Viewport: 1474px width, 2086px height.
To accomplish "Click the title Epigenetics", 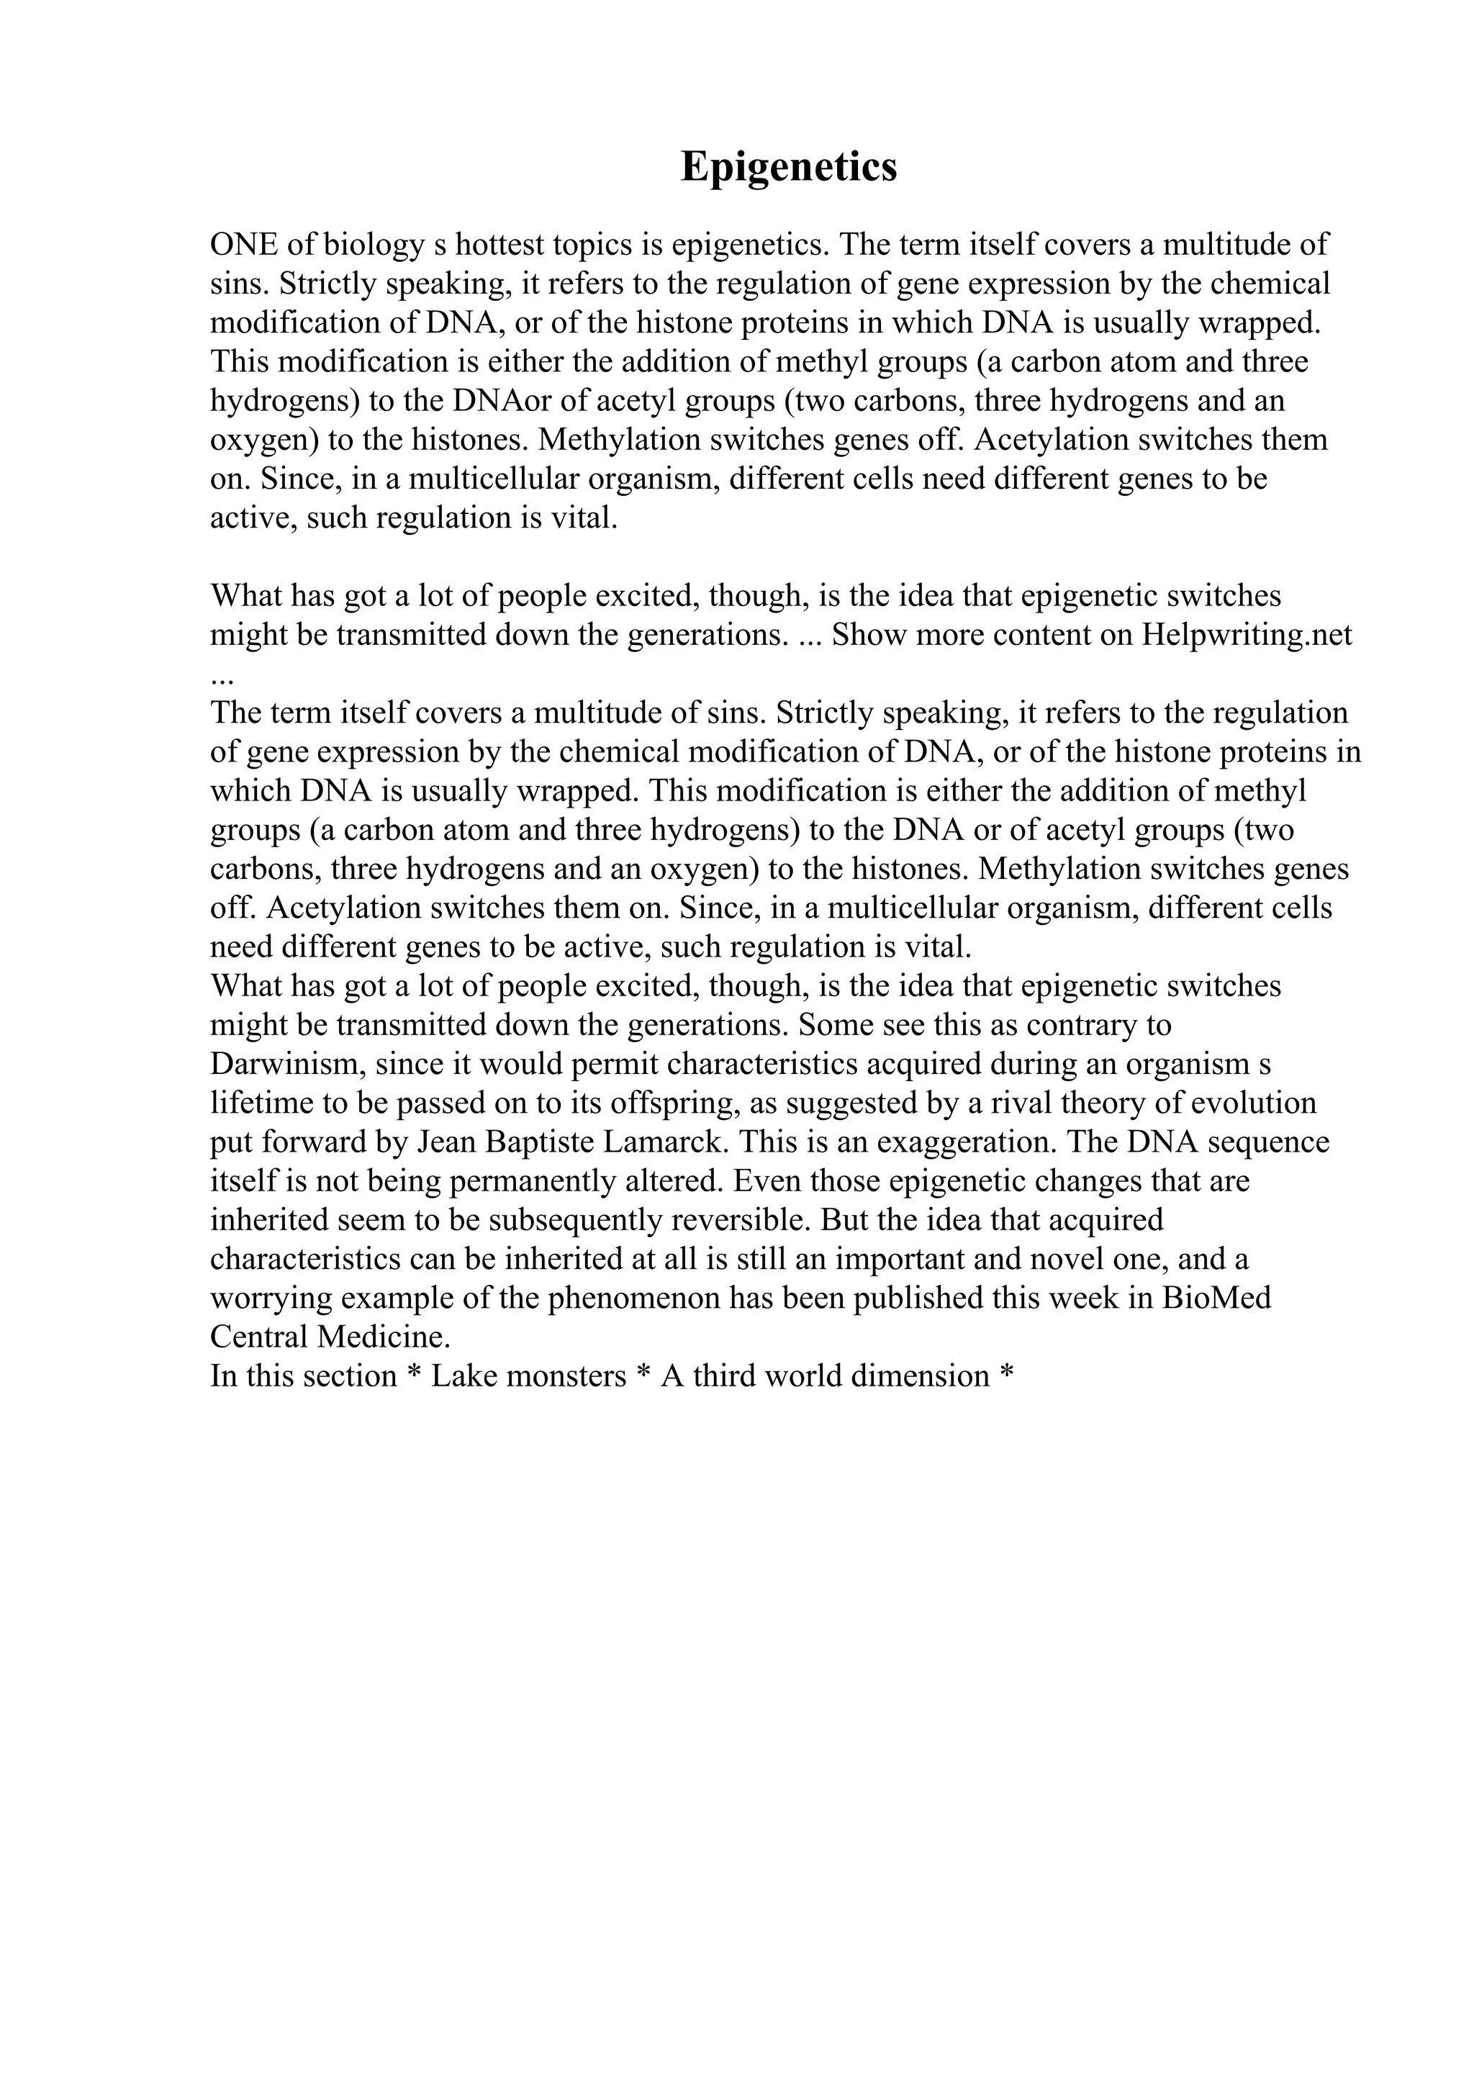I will (x=788, y=166).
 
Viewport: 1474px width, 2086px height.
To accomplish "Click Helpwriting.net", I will (x=1247, y=634).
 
